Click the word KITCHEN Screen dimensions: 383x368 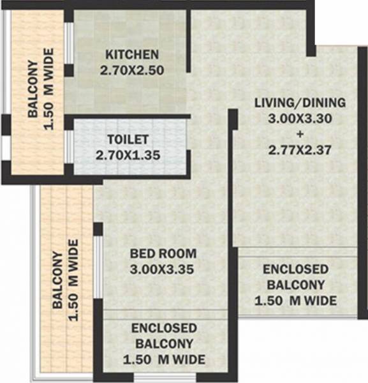pos(132,54)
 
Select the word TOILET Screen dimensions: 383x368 pos(128,139)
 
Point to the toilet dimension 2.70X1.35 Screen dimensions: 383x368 pos(128,154)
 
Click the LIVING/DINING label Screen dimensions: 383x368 pos(300,103)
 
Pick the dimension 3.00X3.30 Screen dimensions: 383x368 pos(300,119)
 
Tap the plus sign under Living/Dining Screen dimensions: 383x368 pos(299,134)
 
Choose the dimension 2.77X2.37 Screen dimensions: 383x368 pos(300,150)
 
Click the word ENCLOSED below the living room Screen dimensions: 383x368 pos(296,269)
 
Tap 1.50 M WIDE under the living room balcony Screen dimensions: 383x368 pos(297,301)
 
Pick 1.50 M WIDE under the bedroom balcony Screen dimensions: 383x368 pos(163,358)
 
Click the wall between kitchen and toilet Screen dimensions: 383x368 pos(128,116)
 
